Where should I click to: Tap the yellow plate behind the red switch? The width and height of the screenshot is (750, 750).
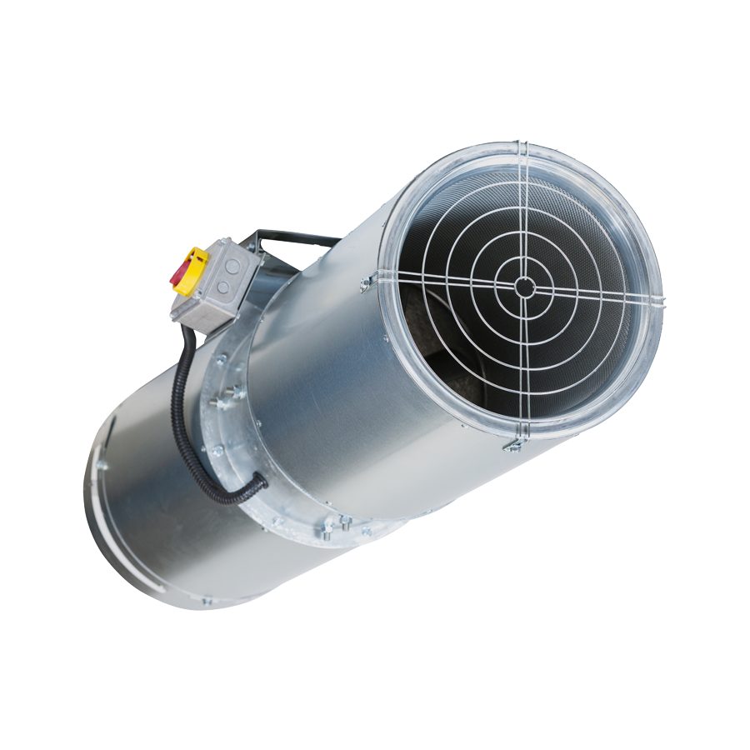tap(196, 265)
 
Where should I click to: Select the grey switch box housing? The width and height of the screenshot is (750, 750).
tap(215, 283)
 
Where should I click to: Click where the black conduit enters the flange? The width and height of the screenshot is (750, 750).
tap(260, 481)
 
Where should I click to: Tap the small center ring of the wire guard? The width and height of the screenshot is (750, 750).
tap(524, 286)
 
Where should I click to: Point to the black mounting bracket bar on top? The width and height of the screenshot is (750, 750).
tap(300, 239)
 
